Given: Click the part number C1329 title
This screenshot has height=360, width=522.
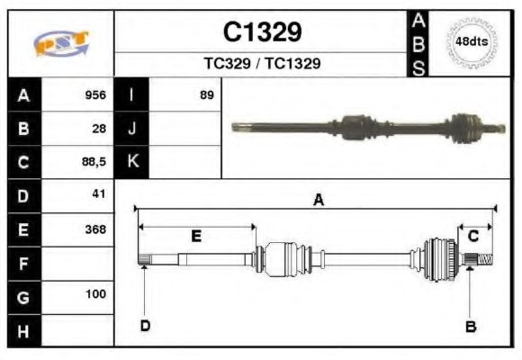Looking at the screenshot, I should pyautogui.click(x=262, y=32).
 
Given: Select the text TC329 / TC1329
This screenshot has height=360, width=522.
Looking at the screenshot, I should pyautogui.click(x=262, y=65).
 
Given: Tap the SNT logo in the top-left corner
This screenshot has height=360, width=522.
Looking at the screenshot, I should pyautogui.click(x=61, y=43).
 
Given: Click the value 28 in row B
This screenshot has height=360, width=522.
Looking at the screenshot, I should pyautogui.click(x=99, y=128).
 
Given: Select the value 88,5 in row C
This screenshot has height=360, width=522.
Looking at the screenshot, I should pyautogui.click(x=94, y=162).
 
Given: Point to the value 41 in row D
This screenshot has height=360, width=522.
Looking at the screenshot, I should pyautogui.click(x=99, y=194).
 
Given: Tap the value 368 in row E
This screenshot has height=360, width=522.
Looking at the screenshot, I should pyautogui.click(x=95, y=229).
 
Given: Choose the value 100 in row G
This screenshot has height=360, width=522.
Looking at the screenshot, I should pyautogui.click(x=95, y=294).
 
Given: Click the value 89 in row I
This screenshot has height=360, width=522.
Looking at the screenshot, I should pyautogui.click(x=207, y=94).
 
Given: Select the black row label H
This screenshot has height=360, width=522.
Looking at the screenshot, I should pyautogui.click(x=24, y=330).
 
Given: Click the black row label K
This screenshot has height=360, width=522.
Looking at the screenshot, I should pyautogui.click(x=132, y=162).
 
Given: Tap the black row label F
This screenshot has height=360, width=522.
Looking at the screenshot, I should pyautogui.click(x=24, y=264).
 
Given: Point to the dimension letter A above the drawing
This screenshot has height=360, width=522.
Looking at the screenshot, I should pyautogui.click(x=317, y=201).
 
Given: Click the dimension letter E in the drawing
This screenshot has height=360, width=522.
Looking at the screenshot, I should pyautogui.click(x=195, y=237).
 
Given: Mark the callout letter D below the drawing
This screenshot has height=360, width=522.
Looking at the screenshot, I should pyautogui.click(x=144, y=326).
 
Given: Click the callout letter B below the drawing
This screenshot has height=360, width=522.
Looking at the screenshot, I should pyautogui.click(x=470, y=327).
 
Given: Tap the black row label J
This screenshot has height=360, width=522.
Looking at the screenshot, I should pyautogui.click(x=132, y=128).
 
